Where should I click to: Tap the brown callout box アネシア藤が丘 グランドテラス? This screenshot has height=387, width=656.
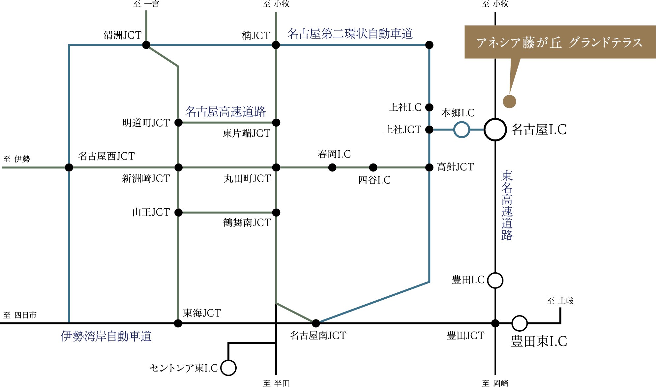point(560,42)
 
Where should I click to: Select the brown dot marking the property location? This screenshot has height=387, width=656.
point(509,102)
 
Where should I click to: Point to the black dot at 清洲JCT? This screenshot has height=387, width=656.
point(146,45)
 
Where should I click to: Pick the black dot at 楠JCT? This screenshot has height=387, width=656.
point(276,45)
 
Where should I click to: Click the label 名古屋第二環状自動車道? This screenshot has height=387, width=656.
point(350,34)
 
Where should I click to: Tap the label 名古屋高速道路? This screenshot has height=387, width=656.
point(225,111)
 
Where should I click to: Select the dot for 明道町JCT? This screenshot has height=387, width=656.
point(178,123)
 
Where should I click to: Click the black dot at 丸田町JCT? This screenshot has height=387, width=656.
point(276,167)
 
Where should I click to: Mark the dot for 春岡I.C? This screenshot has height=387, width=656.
point(332,167)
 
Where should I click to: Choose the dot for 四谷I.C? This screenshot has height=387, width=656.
point(373,167)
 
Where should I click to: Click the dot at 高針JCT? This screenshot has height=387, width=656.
point(429,167)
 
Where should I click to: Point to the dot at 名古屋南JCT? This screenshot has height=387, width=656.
point(316,323)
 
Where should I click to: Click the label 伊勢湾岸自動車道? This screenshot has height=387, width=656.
point(106,336)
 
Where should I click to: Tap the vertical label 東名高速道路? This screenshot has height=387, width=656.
point(507,205)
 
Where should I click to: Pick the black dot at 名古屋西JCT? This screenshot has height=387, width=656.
point(69,167)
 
